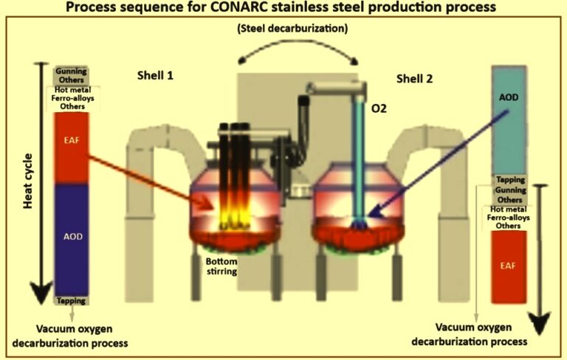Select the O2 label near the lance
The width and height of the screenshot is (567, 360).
point(381,109)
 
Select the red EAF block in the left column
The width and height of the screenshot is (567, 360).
point(72,148)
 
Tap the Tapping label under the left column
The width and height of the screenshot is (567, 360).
point(72,301)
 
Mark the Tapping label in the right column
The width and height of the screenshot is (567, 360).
point(509,179)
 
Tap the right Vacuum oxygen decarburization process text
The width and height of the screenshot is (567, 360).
point(481,334)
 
